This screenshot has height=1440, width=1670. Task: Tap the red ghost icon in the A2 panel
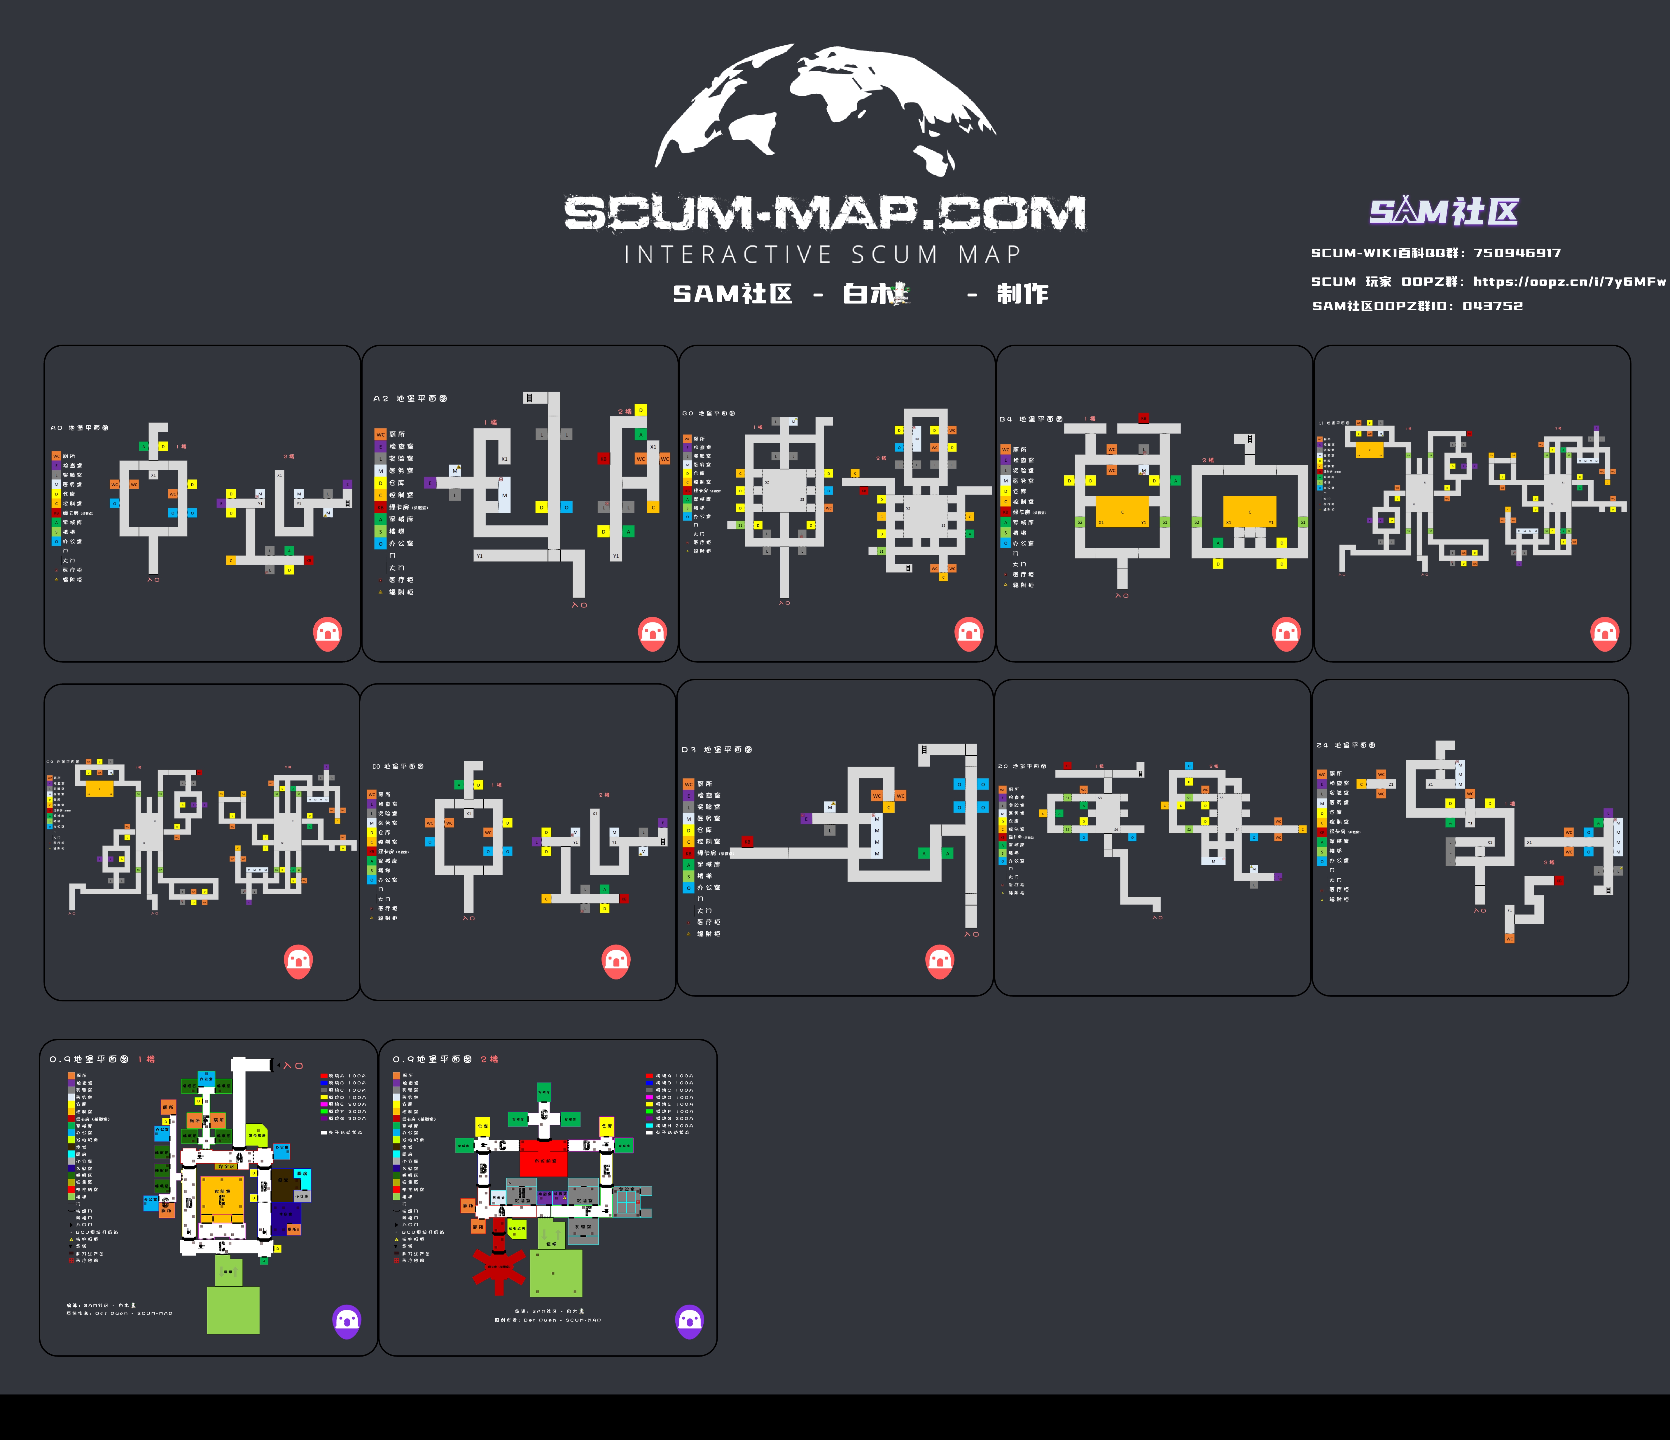click(x=652, y=634)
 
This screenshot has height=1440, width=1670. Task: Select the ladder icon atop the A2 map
click(x=529, y=397)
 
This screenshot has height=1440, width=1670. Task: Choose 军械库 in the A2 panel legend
click(x=401, y=519)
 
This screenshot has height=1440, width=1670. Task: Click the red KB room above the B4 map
click(x=1143, y=418)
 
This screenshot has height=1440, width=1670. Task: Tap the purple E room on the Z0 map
click(x=1278, y=877)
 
